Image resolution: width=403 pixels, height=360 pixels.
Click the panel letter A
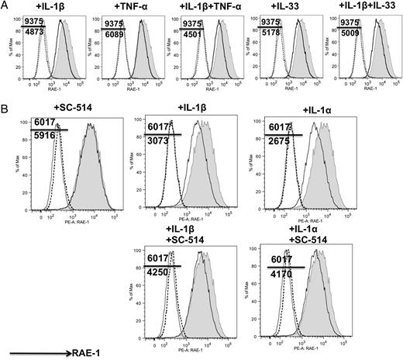6,7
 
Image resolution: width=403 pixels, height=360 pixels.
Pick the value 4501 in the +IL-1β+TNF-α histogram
193,32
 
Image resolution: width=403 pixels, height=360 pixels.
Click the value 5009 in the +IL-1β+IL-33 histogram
351,32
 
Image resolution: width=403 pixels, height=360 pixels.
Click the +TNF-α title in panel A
126,7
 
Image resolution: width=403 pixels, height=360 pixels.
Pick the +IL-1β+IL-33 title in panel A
362,7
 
